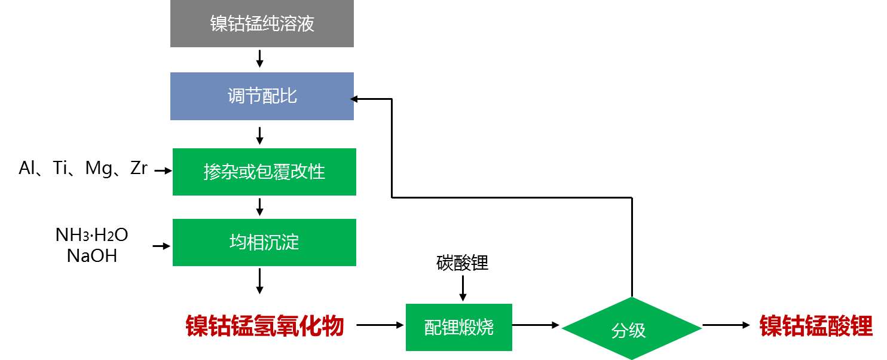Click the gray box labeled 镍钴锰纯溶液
point(262,24)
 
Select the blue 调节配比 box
point(262,96)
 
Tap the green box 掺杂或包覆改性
point(264,172)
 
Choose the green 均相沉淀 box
point(264,242)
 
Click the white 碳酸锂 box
point(462,263)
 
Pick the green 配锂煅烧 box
point(458,327)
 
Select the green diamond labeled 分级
point(631,328)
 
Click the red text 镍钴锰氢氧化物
point(265,327)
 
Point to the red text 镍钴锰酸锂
point(816,327)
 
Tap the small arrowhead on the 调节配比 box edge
point(352,99)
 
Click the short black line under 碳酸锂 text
point(463,282)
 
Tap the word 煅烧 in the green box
point(476,327)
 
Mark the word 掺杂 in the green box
point(221,172)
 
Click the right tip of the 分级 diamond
point(701,328)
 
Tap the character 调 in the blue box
point(236,96)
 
